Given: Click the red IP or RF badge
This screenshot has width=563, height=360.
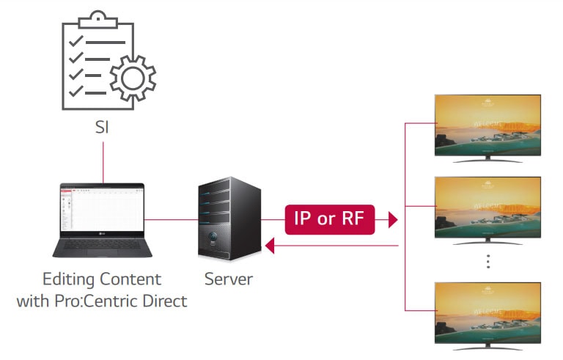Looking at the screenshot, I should click(329, 218).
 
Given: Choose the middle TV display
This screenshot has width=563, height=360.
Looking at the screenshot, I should click(487, 207).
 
